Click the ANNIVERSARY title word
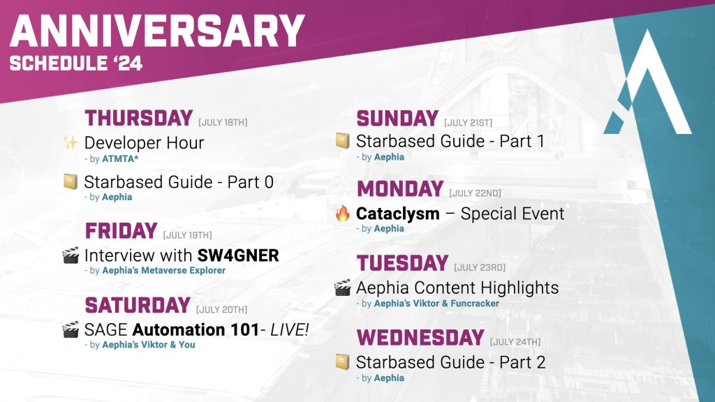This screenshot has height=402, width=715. pos(157,31)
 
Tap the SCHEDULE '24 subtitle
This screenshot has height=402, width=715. pos(76,64)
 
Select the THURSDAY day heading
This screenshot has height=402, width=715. pos(138,118)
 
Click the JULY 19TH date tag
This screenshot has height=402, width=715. pos(187,235)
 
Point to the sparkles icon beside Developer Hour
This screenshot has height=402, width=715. pos(70,143)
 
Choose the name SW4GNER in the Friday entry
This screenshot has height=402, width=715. pos(238,255)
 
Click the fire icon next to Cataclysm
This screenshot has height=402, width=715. pos(342,214)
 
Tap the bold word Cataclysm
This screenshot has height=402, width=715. pos(397,214)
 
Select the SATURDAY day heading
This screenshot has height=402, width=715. pos(138,305)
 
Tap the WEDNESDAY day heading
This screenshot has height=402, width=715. pos(420,338)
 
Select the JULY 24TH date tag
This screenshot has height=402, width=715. pos(515,342)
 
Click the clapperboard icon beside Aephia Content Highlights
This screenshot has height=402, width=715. pos(342,288)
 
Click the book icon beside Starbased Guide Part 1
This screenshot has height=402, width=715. pos(342,142)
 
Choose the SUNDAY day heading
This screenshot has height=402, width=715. pos(397,119)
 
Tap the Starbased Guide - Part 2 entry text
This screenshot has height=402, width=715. pos(450,362)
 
